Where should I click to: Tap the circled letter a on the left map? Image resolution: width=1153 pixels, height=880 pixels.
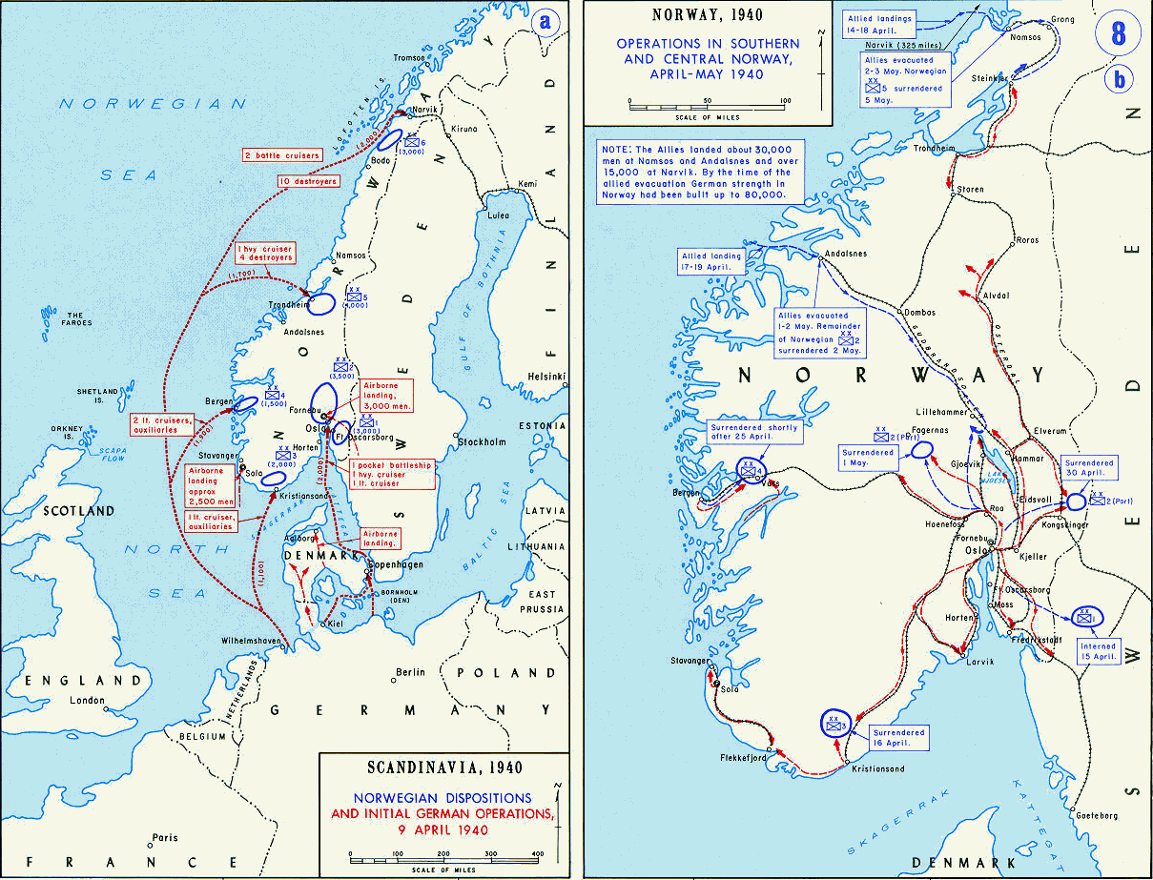[x=546, y=24]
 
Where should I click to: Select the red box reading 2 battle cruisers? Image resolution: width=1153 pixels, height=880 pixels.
[x=282, y=154]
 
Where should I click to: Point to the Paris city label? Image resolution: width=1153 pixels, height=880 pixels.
[x=165, y=838]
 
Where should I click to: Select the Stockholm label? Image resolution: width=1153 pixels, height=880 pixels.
[x=480, y=442]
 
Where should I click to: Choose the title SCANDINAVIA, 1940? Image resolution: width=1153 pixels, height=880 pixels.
[x=443, y=767]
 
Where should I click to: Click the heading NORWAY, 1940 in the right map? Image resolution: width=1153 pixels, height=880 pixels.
[x=706, y=15]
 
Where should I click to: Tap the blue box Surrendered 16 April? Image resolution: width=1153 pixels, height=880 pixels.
[x=896, y=738]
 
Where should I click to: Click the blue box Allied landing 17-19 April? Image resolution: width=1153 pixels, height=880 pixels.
[x=710, y=261]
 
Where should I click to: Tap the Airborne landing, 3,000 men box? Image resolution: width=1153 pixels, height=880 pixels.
[x=386, y=394]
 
